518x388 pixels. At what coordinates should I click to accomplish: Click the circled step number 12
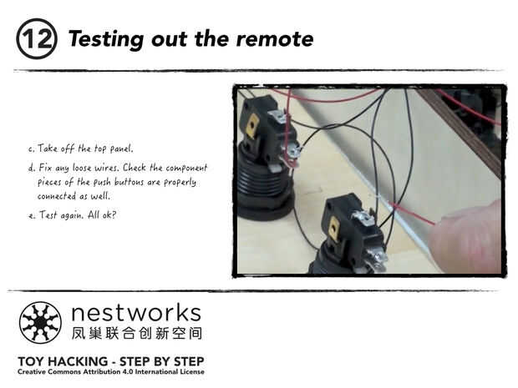click(37, 39)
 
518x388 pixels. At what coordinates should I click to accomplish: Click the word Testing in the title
click(106, 39)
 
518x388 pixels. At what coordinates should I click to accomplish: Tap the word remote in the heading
click(275, 39)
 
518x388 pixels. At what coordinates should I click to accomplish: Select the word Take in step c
click(48, 149)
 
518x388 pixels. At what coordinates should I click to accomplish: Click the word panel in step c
click(121, 149)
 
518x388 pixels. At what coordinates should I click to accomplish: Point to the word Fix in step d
click(46, 168)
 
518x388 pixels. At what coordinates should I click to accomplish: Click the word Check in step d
click(135, 167)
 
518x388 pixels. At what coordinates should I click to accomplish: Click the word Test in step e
click(48, 215)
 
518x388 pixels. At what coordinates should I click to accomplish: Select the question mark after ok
click(114, 215)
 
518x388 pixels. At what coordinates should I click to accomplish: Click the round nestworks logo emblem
click(40, 323)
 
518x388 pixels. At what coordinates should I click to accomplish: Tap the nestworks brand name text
click(136, 313)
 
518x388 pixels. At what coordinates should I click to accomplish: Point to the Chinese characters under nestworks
click(137, 333)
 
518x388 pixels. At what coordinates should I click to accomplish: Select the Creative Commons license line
click(111, 372)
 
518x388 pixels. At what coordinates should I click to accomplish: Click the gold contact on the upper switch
click(252, 126)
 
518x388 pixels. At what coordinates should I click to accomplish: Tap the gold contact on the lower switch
click(334, 228)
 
